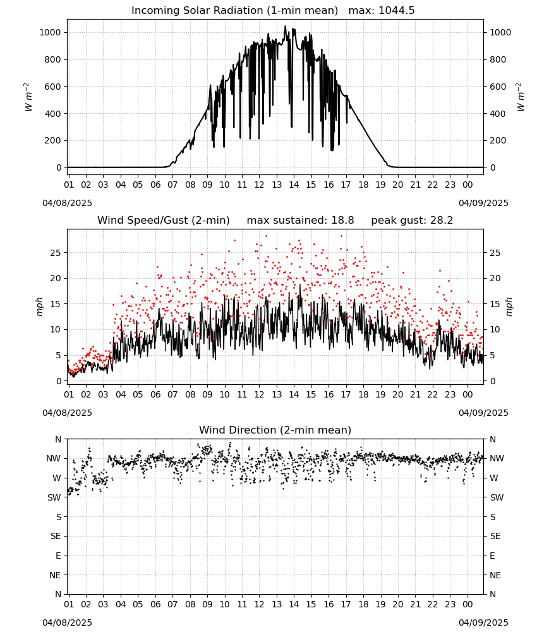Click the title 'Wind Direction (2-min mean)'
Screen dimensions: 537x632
[275, 430]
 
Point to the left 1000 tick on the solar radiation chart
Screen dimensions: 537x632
[51, 32]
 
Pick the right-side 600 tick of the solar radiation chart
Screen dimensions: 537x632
[498, 87]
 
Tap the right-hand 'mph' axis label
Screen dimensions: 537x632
[509, 307]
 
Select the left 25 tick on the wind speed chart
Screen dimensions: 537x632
[56, 253]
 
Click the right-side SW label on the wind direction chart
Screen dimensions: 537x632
[497, 497]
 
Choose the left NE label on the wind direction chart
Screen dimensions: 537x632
[55, 575]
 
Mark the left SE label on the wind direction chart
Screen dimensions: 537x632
[56, 536]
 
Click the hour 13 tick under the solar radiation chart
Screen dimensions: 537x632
[277, 185]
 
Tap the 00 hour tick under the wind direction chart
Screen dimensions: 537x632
[468, 604]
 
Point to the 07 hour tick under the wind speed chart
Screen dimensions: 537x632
[172, 394]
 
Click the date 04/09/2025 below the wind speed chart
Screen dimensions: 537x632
[483, 413]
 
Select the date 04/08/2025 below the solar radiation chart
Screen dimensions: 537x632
[67, 203]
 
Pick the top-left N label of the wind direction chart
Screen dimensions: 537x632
[58, 439]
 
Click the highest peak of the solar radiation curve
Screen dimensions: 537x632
[285, 26]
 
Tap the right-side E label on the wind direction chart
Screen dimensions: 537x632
[492, 556]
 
